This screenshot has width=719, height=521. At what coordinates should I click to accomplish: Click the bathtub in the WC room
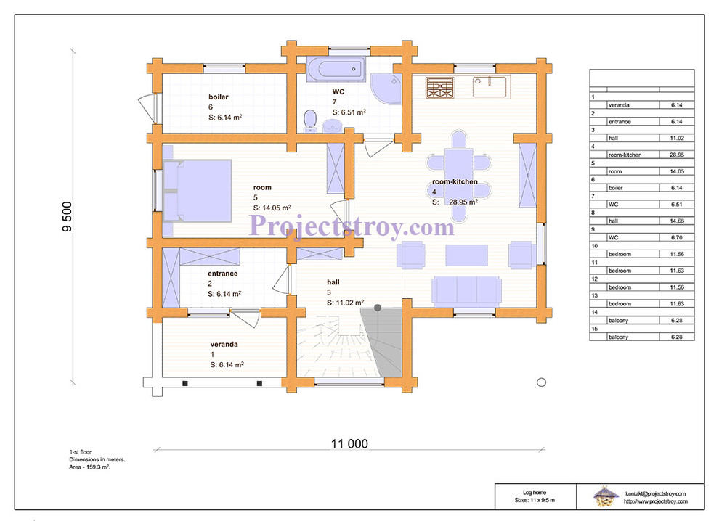(x=336, y=70)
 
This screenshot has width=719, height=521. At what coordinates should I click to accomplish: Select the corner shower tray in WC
(x=386, y=89)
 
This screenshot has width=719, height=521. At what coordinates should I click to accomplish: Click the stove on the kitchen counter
(x=439, y=88)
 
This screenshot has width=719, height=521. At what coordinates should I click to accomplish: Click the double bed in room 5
(x=198, y=191)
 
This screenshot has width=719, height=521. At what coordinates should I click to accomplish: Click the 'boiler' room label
(x=219, y=97)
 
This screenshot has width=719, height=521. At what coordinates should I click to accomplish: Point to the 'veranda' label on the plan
(x=224, y=344)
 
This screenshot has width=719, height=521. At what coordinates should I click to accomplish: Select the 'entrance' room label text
(x=222, y=274)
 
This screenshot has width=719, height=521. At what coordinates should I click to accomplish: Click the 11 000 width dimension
(x=349, y=443)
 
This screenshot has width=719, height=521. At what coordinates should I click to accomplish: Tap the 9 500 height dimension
(x=67, y=216)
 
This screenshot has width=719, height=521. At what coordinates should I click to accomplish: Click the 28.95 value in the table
(x=676, y=155)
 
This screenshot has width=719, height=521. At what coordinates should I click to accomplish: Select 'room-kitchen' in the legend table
(x=625, y=155)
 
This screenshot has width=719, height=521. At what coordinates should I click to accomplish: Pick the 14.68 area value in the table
(x=676, y=221)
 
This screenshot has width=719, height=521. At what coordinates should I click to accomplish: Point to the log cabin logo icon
(x=605, y=496)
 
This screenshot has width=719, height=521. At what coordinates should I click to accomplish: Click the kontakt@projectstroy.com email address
(x=655, y=493)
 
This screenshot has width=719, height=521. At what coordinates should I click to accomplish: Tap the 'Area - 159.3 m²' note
(x=90, y=467)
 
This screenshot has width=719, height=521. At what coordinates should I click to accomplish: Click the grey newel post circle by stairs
(x=378, y=308)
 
